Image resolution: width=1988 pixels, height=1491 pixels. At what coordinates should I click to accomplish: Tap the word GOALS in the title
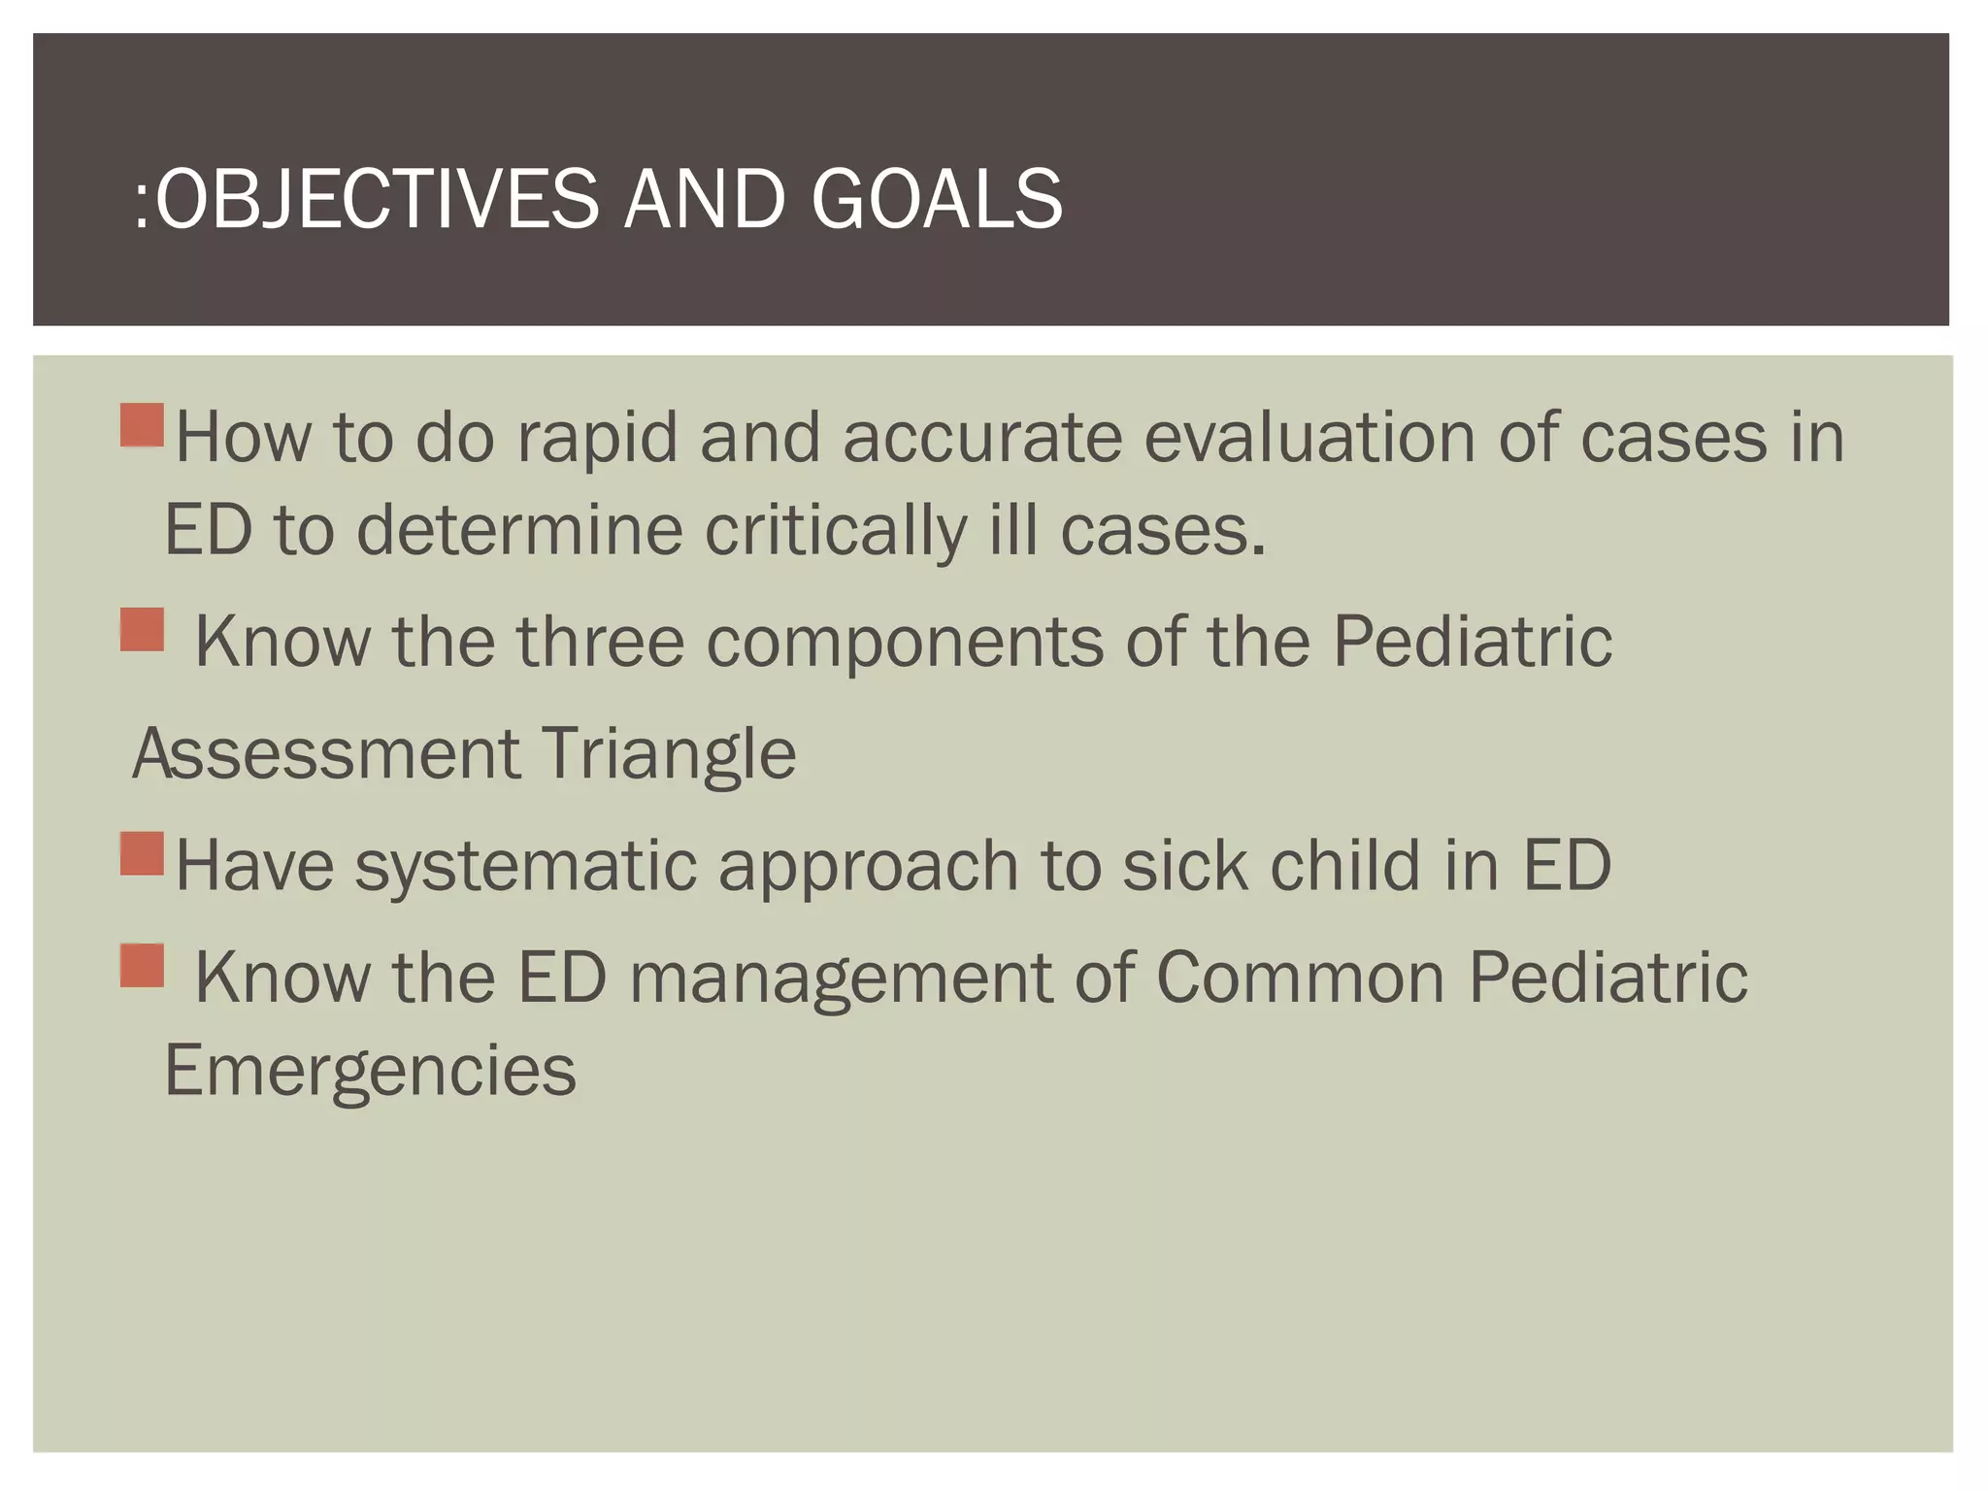tap(937, 199)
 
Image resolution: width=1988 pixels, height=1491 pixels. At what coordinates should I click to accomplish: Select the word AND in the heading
tap(704, 199)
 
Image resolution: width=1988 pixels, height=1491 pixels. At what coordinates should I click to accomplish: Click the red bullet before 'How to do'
tap(143, 425)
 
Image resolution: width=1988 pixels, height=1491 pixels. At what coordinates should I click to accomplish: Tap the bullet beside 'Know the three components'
tap(143, 629)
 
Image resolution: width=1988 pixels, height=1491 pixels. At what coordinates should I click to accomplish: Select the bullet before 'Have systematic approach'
tap(143, 853)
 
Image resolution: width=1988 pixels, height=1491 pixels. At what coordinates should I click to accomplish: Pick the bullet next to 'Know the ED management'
tap(143, 965)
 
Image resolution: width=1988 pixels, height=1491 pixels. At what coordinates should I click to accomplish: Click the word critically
tap(834, 531)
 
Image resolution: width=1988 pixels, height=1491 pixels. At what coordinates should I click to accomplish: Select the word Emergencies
tap(370, 1071)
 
